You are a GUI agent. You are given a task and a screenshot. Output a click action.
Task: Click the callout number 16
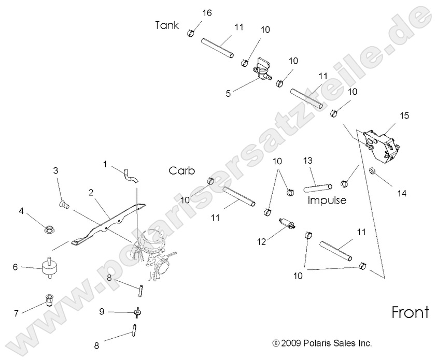(206, 12)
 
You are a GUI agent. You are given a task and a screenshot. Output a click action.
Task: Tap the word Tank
(167, 25)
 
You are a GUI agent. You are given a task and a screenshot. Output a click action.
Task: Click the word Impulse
(326, 199)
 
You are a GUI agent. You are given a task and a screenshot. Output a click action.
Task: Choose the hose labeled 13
(317, 184)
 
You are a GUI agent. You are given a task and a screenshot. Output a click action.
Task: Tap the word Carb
(181, 171)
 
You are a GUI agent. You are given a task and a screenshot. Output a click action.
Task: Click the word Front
(411, 313)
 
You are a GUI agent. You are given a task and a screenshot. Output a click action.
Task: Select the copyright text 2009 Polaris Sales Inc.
(322, 343)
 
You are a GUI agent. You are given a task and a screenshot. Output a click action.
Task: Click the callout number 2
(91, 193)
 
